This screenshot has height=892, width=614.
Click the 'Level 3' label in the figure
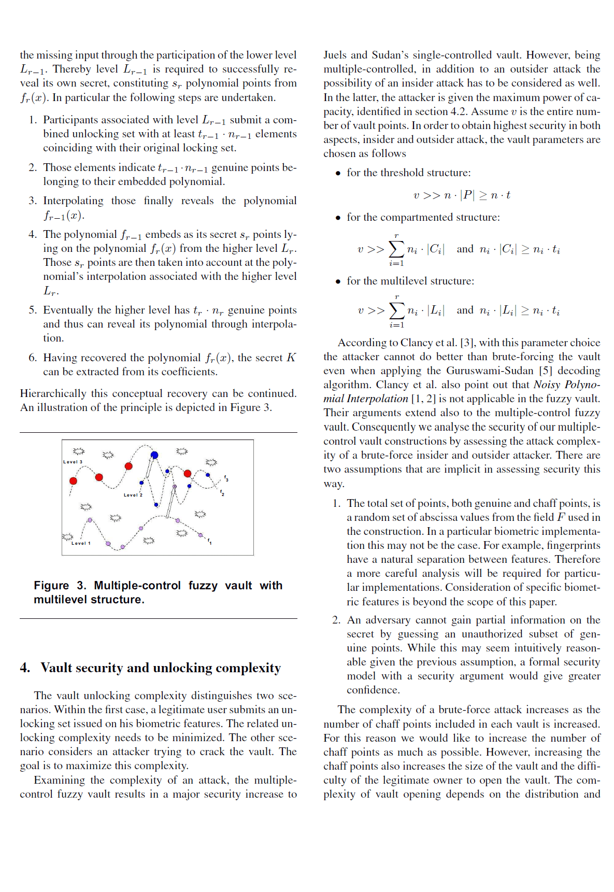[73, 462]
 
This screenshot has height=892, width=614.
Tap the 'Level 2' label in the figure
[133, 495]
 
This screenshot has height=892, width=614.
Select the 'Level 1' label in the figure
[81, 543]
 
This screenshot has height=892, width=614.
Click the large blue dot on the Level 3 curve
[154, 455]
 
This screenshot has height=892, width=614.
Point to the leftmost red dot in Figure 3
[74, 481]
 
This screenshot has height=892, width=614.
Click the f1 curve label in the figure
[209, 542]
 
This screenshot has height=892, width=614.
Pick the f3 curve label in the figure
[226, 478]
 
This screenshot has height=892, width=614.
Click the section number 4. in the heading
[25, 668]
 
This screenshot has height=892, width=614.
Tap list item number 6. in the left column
[33, 358]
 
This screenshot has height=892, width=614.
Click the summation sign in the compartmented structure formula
[396, 249]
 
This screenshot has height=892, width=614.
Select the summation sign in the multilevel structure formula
[396, 310]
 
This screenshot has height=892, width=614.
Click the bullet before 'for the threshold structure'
[338, 173]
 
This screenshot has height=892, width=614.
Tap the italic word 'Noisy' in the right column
[547, 385]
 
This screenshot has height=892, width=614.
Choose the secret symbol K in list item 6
[291, 358]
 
